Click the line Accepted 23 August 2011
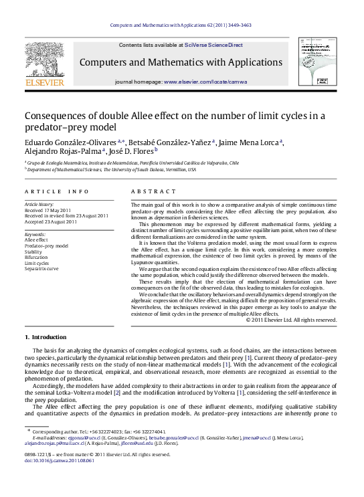[x=50, y=221]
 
